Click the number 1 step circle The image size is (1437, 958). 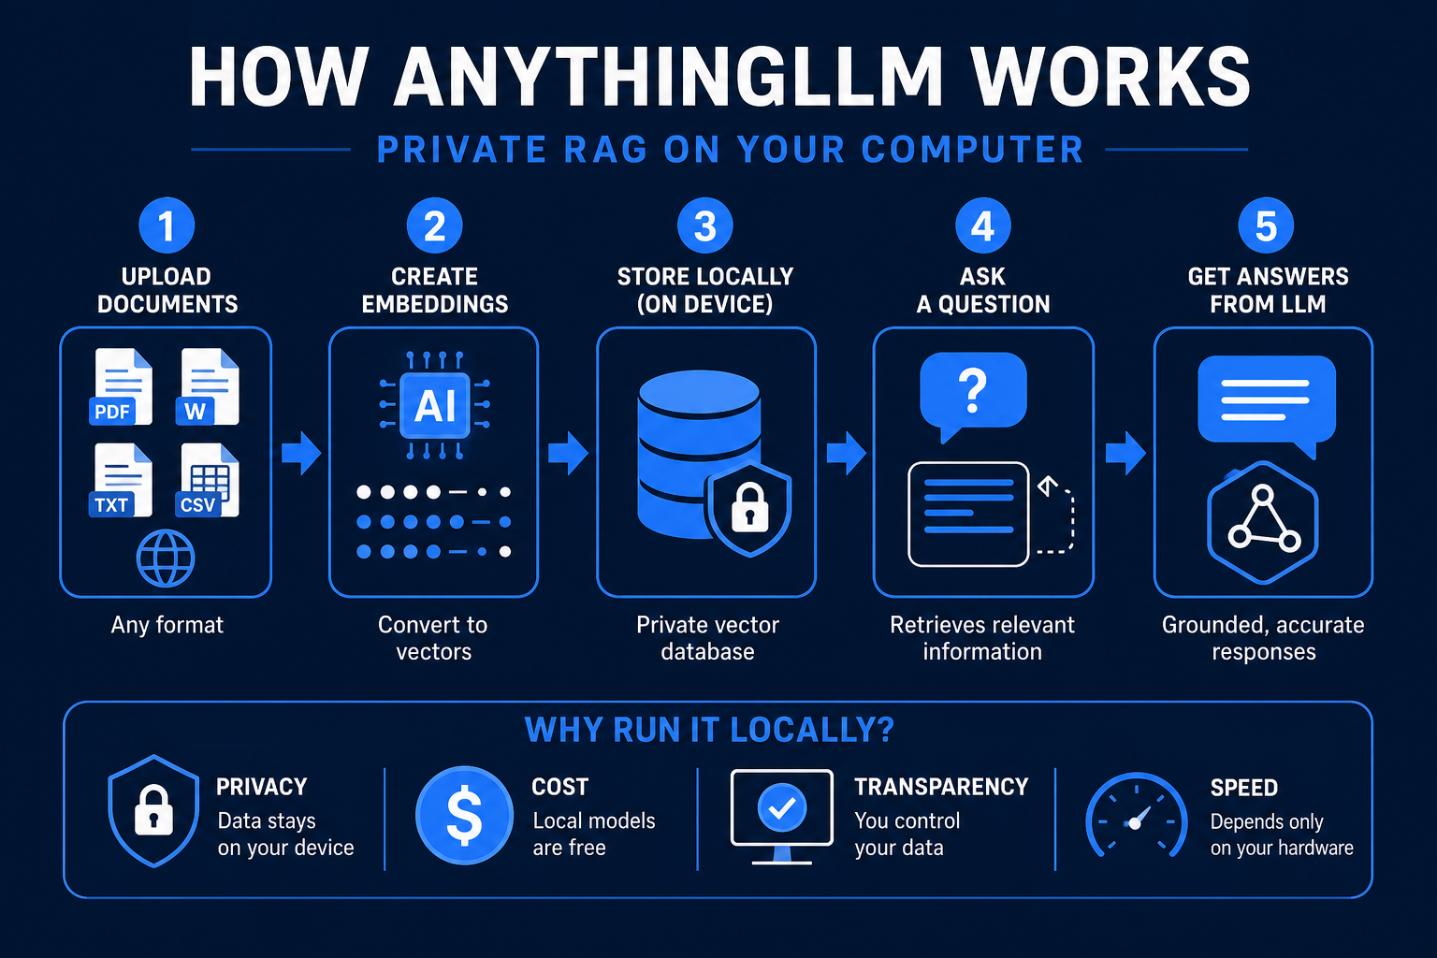(167, 225)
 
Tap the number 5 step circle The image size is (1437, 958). (1266, 225)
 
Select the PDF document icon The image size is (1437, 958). (122, 387)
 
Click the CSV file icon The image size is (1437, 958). (207, 480)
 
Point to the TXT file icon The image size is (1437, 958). (121, 480)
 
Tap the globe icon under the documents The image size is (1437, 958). (166, 559)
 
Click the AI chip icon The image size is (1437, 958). (435, 405)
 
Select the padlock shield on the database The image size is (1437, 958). (748, 509)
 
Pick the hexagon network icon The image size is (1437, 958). (1262, 523)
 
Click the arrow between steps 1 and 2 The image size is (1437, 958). (301, 453)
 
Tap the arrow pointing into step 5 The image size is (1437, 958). (1125, 453)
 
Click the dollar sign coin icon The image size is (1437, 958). (464, 815)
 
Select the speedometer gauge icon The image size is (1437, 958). (1136, 816)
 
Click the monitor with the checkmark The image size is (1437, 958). (782, 816)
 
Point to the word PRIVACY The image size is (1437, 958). (262, 787)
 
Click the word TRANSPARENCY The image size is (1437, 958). (941, 787)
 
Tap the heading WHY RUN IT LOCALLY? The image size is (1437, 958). (709, 730)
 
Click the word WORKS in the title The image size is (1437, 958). (1110, 77)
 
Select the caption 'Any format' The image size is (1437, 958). (167, 625)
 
